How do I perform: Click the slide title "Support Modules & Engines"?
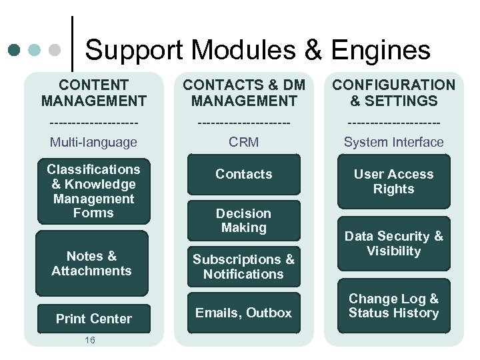257,50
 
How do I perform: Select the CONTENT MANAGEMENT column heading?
93,93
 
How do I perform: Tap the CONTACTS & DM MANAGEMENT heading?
243,93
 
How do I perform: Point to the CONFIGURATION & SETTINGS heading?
393,93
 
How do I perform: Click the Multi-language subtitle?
93,142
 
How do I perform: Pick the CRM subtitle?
243,142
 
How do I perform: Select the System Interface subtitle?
393,142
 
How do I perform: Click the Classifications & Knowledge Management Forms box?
93,191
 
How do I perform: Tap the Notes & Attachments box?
91,263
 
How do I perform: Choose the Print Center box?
93,319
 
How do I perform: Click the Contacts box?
243,174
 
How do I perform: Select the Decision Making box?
243,221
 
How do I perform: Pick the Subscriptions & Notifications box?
243,267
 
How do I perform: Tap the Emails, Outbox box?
243,313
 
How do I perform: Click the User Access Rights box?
393,181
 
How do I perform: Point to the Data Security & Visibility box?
393,243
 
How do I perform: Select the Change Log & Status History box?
393,306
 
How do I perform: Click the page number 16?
90,341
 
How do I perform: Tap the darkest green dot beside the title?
13,50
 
